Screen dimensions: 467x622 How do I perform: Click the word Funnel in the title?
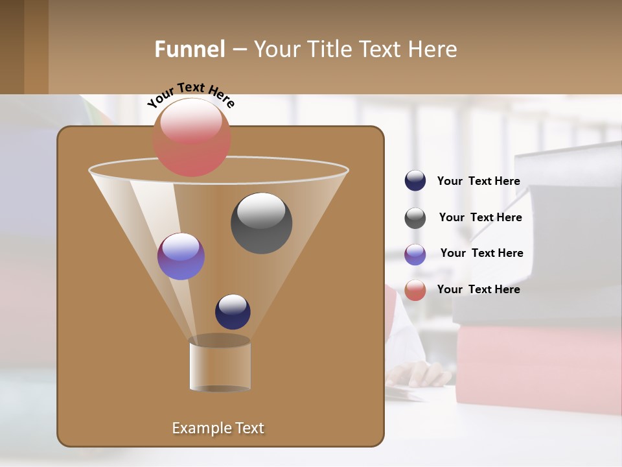click(189, 49)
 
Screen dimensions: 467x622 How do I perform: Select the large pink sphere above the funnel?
click(191, 138)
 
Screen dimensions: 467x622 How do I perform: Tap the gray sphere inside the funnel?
click(262, 223)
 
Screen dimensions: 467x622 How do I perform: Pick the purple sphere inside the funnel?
click(181, 256)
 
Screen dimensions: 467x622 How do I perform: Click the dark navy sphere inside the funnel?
click(233, 311)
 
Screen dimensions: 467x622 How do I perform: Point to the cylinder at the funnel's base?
click(220, 365)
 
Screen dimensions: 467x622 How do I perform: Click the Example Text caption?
click(218, 428)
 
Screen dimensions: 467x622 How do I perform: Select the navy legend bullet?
click(415, 181)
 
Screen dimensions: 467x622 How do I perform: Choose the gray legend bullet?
click(415, 218)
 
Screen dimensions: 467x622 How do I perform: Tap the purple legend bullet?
click(415, 254)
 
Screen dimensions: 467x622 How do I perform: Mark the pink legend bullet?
click(415, 290)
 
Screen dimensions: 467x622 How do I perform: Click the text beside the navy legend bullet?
click(478, 181)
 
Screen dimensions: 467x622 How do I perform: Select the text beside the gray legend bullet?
click(480, 217)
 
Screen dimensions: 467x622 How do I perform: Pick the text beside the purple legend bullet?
click(481, 253)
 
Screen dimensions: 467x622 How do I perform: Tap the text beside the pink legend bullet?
click(478, 289)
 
